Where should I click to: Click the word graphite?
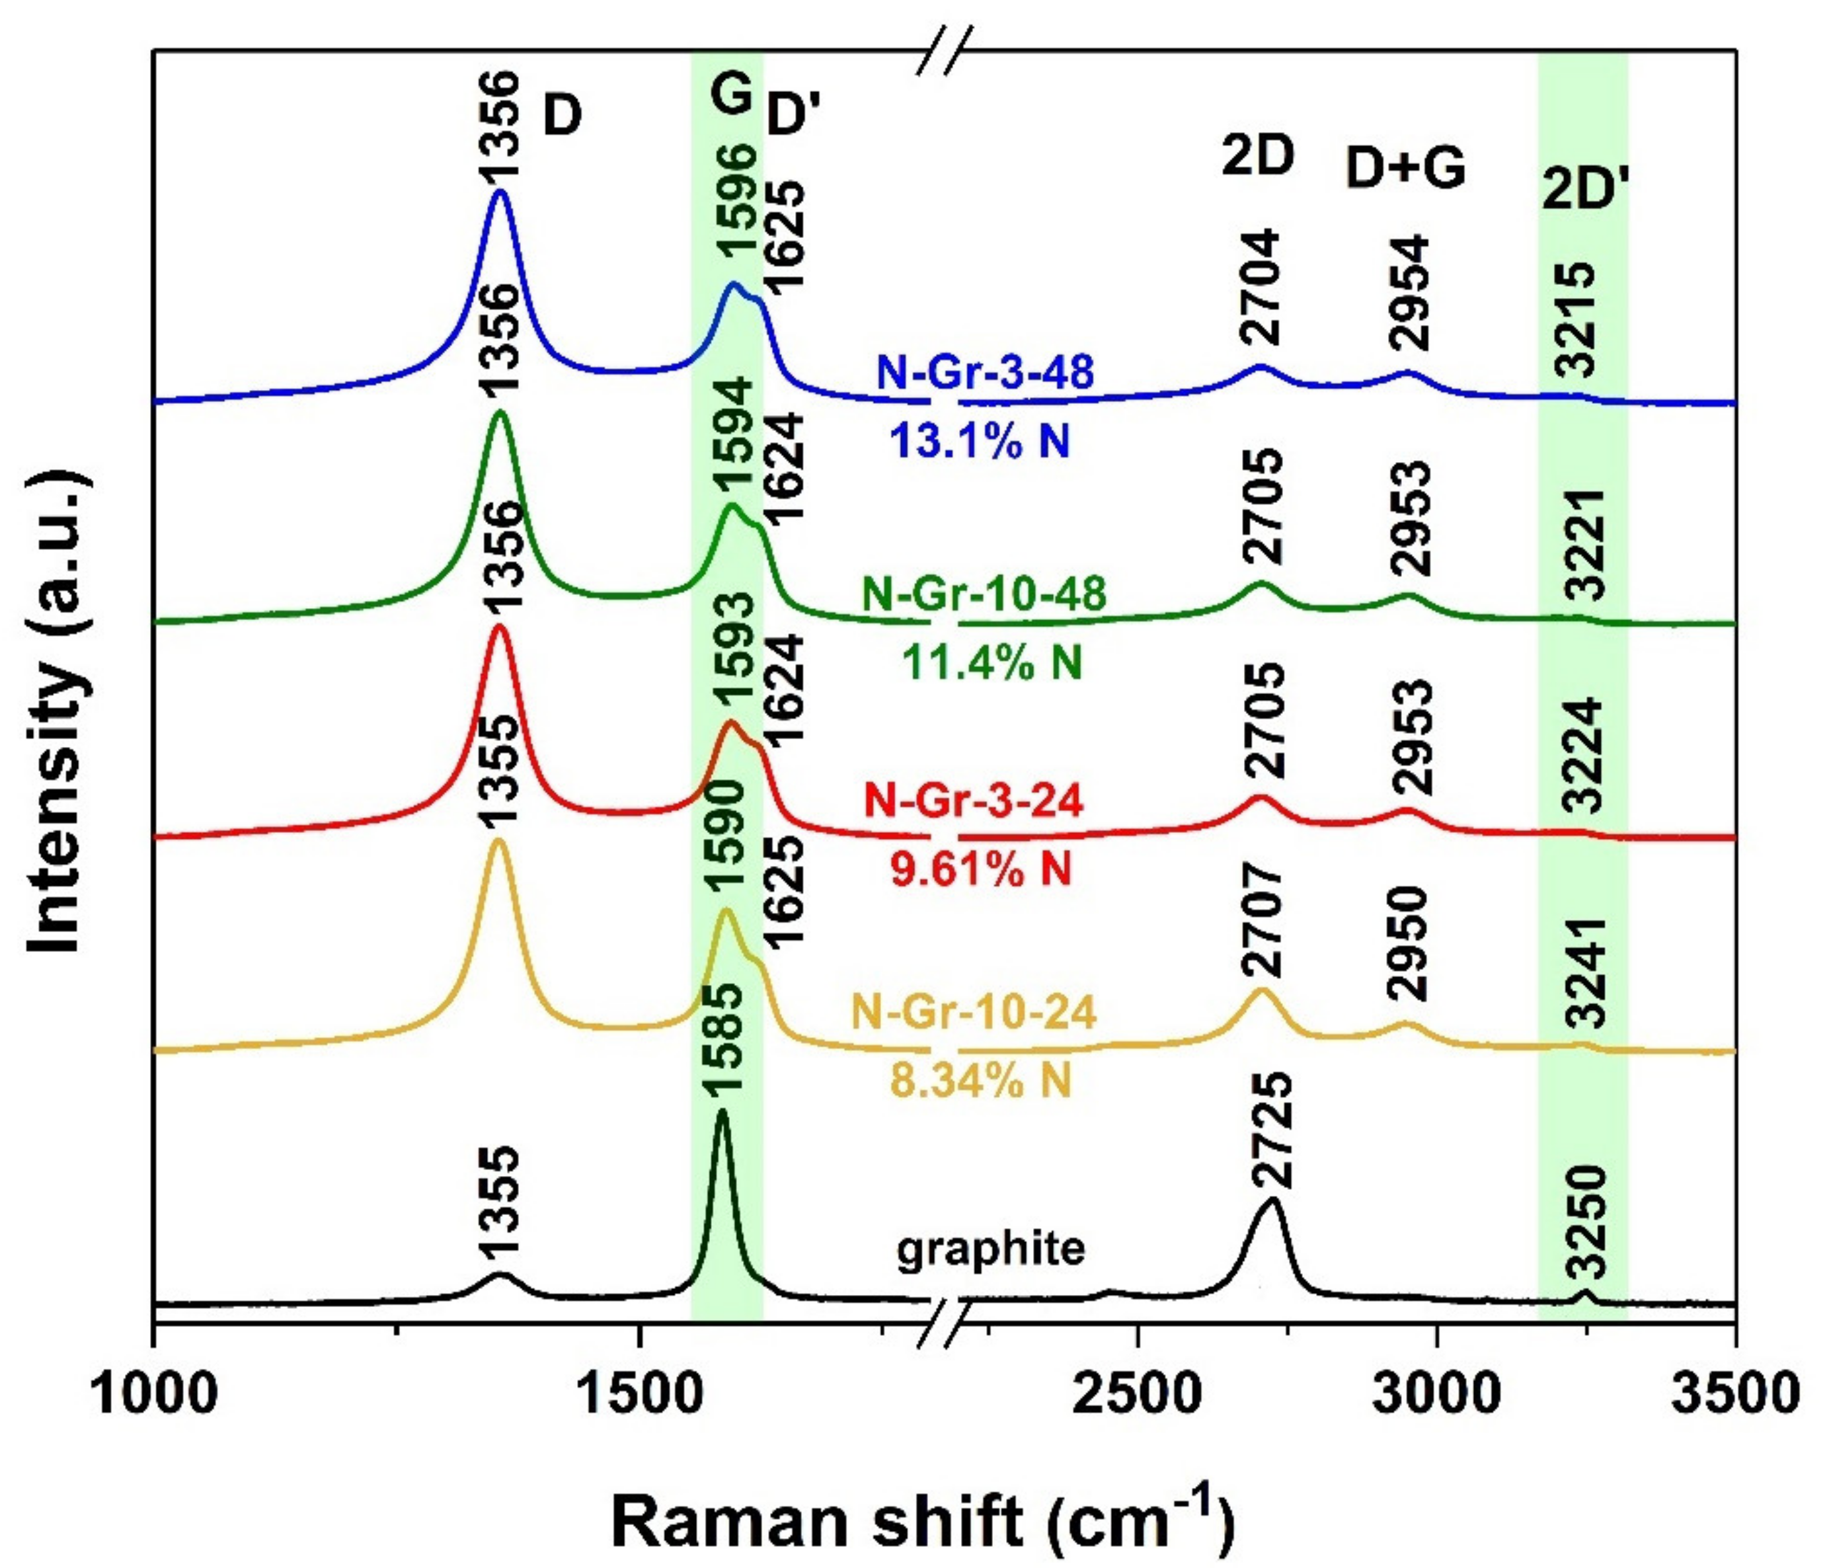pos(990,1249)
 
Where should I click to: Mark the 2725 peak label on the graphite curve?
pos(1270,1132)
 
